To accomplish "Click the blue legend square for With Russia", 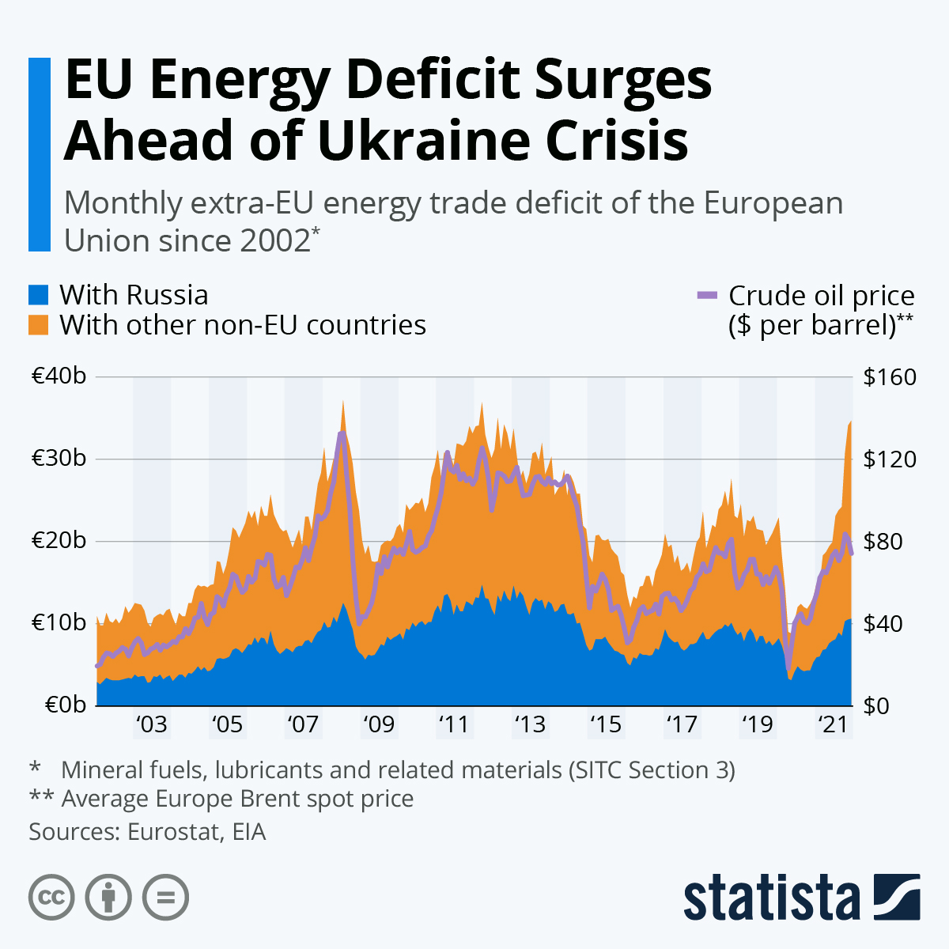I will pyautogui.click(x=39, y=295).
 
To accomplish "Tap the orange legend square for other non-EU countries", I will pyautogui.click(x=39, y=325).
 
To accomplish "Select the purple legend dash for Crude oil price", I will pyautogui.click(x=706, y=295).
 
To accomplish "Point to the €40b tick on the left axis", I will pyautogui.click(x=59, y=376).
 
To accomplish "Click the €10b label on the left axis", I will pyautogui.click(x=59, y=622).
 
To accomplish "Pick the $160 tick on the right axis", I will pyautogui.click(x=890, y=376).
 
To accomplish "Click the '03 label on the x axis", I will pyautogui.click(x=151, y=724).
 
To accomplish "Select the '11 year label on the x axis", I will pyautogui.click(x=453, y=724).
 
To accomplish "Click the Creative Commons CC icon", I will pyautogui.click(x=51, y=898).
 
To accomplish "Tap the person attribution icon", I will pyautogui.click(x=108, y=898).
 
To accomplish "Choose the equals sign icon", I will pyautogui.click(x=165, y=898).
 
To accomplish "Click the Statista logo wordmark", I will pyautogui.click(x=771, y=898).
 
